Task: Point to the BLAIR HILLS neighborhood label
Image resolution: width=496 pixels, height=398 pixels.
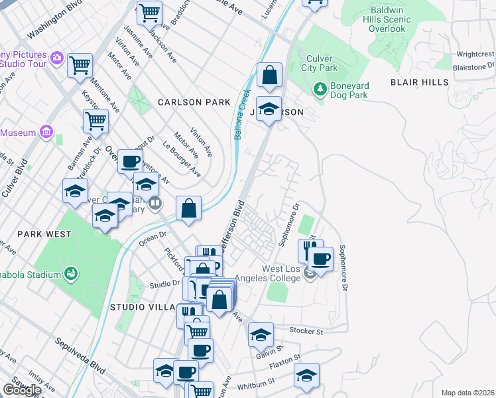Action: point(419,82)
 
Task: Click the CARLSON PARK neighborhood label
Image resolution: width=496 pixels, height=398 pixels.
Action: point(194,102)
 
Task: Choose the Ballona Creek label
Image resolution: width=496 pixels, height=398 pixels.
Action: point(241,114)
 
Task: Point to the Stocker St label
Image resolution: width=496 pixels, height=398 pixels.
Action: point(306,330)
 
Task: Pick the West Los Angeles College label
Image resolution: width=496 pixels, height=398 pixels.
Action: point(281,274)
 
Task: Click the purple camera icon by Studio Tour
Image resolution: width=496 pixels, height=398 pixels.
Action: point(56,58)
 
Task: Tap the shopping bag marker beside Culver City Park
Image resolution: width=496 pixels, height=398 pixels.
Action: point(270,76)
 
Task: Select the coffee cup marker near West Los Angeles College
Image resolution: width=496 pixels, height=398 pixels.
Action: point(321,259)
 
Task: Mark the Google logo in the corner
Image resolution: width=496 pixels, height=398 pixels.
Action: point(21,390)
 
